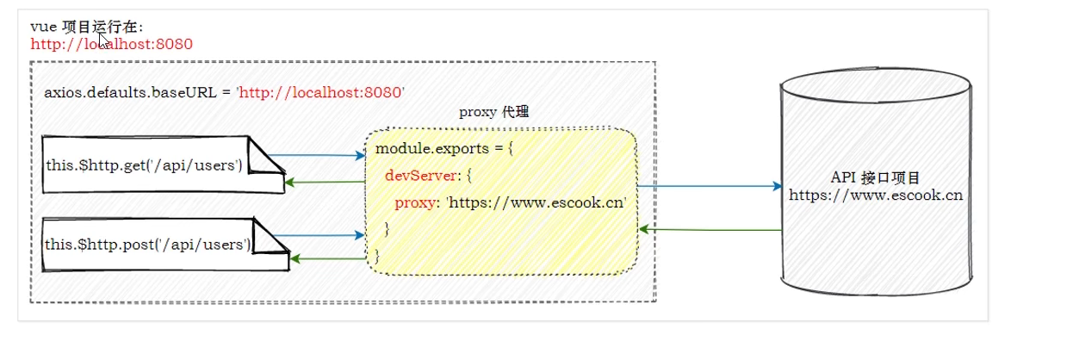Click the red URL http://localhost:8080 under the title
[112, 44]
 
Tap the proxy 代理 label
[493, 112]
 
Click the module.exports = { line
[444, 149]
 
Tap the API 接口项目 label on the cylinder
[876, 178]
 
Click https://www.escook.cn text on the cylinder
[876, 196]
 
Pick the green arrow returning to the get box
[323, 182]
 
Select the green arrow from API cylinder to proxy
[710, 230]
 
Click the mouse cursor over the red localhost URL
[103, 39]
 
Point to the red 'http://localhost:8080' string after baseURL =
[320, 92]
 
